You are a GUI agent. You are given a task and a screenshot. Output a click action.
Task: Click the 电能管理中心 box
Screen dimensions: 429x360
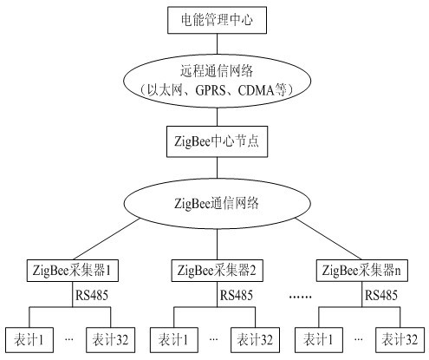coord(217,20)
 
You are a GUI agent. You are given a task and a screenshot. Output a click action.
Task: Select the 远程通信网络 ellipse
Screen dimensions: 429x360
coord(217,81)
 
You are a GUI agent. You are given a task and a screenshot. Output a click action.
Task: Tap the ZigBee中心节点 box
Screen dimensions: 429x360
coord(217,141)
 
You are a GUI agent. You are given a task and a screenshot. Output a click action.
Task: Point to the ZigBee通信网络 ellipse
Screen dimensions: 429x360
coord(217,203)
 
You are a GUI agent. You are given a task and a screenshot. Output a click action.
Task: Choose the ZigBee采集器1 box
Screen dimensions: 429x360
coord(73,271)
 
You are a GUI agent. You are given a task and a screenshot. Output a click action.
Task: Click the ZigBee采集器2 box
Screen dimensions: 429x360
coord(217,271)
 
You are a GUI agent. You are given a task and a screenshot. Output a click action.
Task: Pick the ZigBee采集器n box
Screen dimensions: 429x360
coord(362,271)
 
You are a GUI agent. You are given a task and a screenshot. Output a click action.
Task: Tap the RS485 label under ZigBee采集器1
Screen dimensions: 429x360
coord(92,295)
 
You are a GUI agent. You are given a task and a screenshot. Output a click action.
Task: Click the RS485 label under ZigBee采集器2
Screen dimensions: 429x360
coord(237,295)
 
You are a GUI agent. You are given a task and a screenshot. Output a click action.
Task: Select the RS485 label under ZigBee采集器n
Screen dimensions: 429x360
coord(381,295)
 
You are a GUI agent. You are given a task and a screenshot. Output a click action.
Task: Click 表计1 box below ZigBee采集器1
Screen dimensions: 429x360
coord(29,340)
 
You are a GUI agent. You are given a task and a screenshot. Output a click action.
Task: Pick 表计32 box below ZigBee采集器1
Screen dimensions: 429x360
coord(111,340)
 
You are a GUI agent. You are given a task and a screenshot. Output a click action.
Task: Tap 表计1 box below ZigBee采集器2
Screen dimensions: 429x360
coord(174,340)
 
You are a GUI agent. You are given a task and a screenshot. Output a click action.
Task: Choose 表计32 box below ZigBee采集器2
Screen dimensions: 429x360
coord(255,340)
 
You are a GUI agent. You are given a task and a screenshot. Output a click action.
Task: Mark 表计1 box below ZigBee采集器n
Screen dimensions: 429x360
coord(319,340)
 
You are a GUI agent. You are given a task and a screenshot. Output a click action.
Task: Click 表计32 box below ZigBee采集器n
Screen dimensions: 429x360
coord(400,340)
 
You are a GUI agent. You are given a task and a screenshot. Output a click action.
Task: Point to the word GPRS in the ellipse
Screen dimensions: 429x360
coord(211,90)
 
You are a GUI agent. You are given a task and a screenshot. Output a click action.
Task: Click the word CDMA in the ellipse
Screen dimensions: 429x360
coord(257,90)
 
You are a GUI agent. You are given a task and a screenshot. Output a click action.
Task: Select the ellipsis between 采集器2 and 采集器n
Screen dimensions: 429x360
coord(301,297)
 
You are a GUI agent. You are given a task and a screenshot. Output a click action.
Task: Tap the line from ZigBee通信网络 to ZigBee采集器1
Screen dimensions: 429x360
coord(107,239)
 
